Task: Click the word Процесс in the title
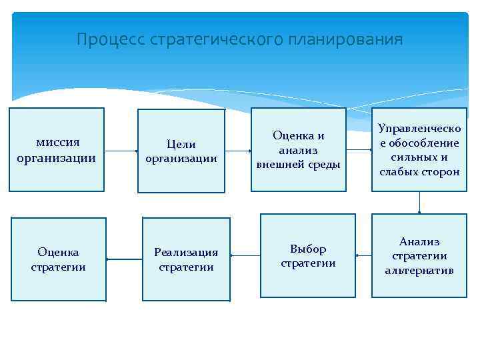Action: [x=111, y=40]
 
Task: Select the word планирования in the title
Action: [x=345, y=40]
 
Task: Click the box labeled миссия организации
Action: [x=57, y=150]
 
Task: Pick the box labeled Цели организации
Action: [x=181, y=150]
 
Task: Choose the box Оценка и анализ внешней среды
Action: [x=299, y=150]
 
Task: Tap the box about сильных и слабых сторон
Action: [x=419, y=150]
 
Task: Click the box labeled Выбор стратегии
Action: [x=307, y=256]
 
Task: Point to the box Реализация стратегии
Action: [x=186, y=259]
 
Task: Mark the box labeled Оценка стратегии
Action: [x=58, y=259]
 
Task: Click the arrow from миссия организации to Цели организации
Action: [x=121, y=151]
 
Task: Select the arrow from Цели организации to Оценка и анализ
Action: [x=238, y=150]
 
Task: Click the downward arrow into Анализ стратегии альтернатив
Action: [x=419, y=203]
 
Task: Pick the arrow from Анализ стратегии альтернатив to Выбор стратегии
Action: [x=364, y=255]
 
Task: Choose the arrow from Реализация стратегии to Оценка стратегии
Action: [x=124, y=259]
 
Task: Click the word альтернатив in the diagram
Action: [x=419, y=271]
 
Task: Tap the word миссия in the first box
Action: [x=57, y=142]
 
